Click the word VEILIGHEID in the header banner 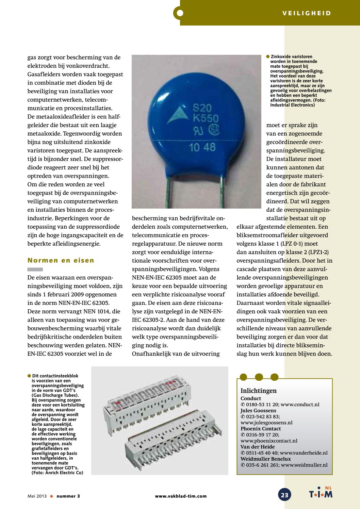(307, 13)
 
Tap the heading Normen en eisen (61, 260)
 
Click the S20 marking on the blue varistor (202, 108)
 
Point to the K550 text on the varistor (206, 119)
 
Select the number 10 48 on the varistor (202, 147)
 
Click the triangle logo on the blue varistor (178, 115)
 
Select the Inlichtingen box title (258, 391)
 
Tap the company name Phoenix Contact (261, 429)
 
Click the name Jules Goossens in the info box (258, 411)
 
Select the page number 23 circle (284, 495)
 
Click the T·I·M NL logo (321, 493)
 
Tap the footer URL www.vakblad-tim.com (181, 496)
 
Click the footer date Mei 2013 (37, 496)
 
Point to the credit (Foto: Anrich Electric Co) (57, 473)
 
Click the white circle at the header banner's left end (180, 13)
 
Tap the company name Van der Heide (258, 447)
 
